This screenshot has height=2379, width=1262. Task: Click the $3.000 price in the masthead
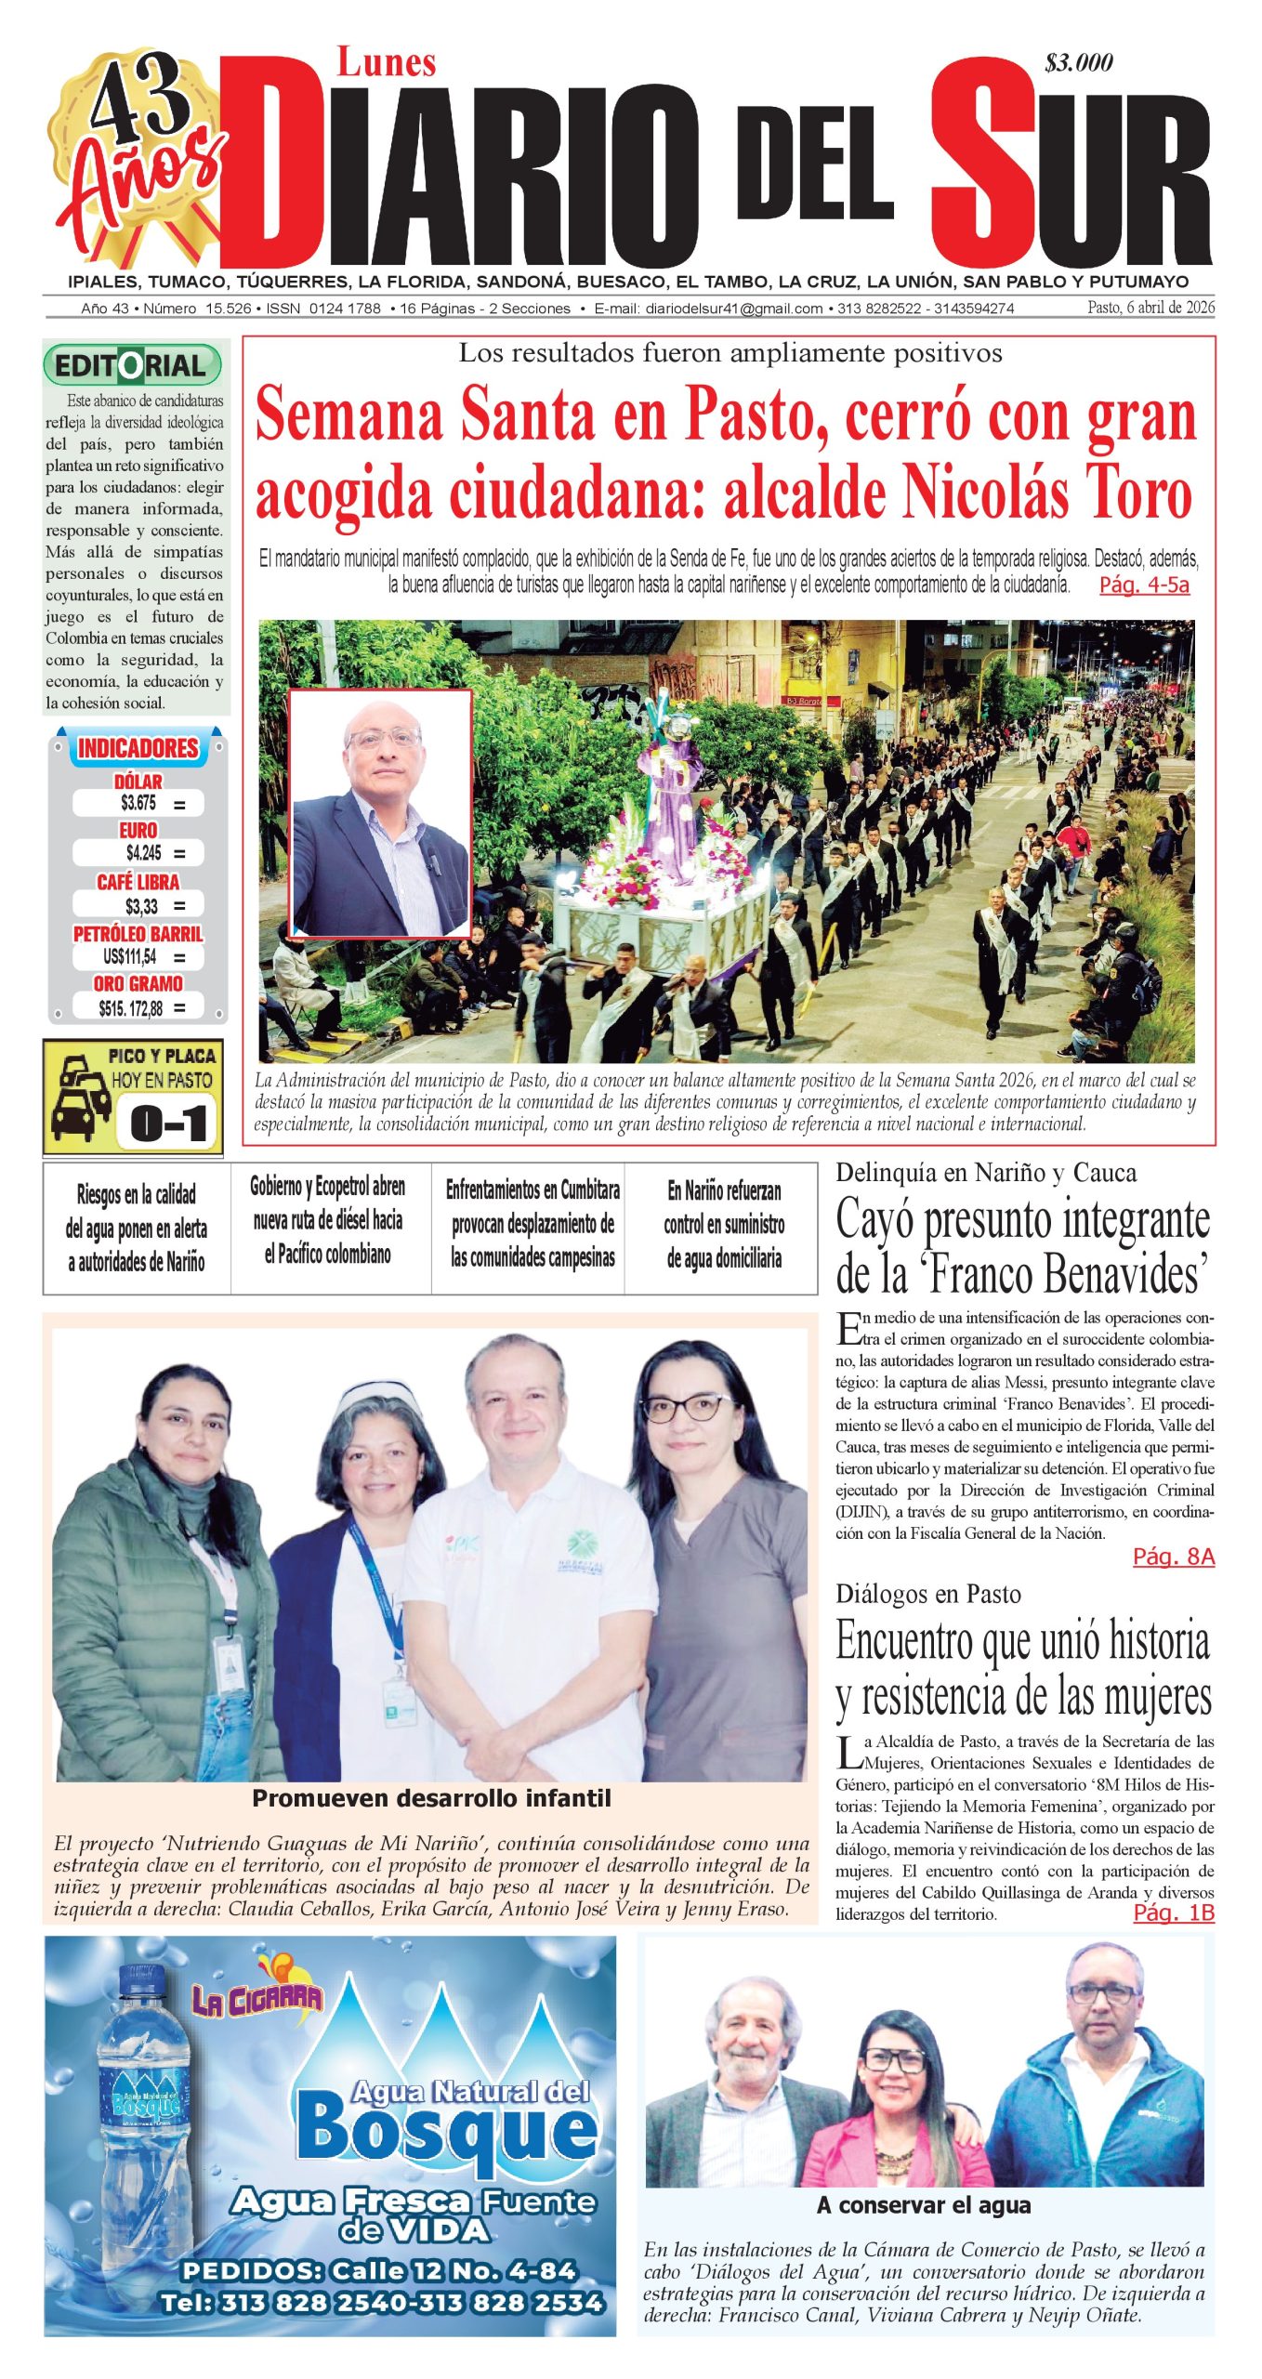(x=1078, y=63)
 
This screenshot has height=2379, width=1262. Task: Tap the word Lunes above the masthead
(x=386, y=63)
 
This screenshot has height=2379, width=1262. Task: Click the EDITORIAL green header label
(x=132, y=365)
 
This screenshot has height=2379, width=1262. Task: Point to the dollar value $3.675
(x=138, y=803)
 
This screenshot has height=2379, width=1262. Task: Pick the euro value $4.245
(x=143, y=852)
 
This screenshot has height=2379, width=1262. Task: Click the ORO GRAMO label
(x=138, y=983)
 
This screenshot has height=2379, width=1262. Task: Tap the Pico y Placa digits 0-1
(x=168, y=1124)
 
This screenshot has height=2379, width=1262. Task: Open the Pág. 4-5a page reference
(x=1144, y=585)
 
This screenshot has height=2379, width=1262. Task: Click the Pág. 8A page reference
(x=1173, y=1557)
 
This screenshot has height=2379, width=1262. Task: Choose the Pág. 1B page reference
(x=1173, y=1912)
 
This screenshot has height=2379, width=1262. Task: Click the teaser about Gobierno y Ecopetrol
(x=328, y=1219)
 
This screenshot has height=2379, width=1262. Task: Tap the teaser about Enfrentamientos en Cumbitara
(x=532, y=1223)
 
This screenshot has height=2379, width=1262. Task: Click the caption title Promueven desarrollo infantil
(x=431, y=1798)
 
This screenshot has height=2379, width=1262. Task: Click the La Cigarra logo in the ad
(x=257, y=1998)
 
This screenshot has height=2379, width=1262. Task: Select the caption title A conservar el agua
(x=924, y=2205)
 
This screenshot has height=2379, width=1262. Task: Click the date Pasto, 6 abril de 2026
(x=1150, y=308)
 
